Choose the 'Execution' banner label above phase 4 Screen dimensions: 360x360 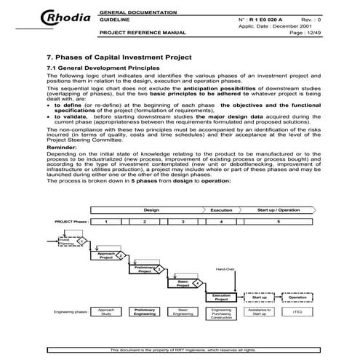(221, 209)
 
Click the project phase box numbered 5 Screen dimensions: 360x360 (277, 220)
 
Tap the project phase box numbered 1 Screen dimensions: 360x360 (107, 220)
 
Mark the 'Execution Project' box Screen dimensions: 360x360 (222, 297)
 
